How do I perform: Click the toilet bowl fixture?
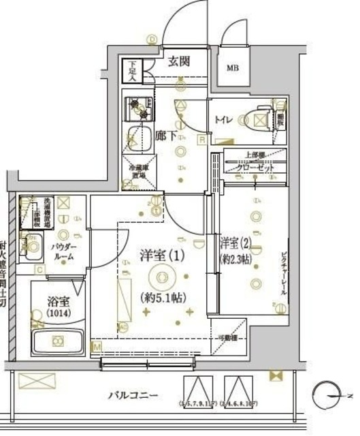(259, 121)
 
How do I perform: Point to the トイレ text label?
(223, 121)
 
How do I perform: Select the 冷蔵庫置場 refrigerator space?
(140, 173)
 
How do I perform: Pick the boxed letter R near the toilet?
(202, 140)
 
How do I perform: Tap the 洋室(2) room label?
(235, 242)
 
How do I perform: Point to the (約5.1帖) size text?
(163, 298)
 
